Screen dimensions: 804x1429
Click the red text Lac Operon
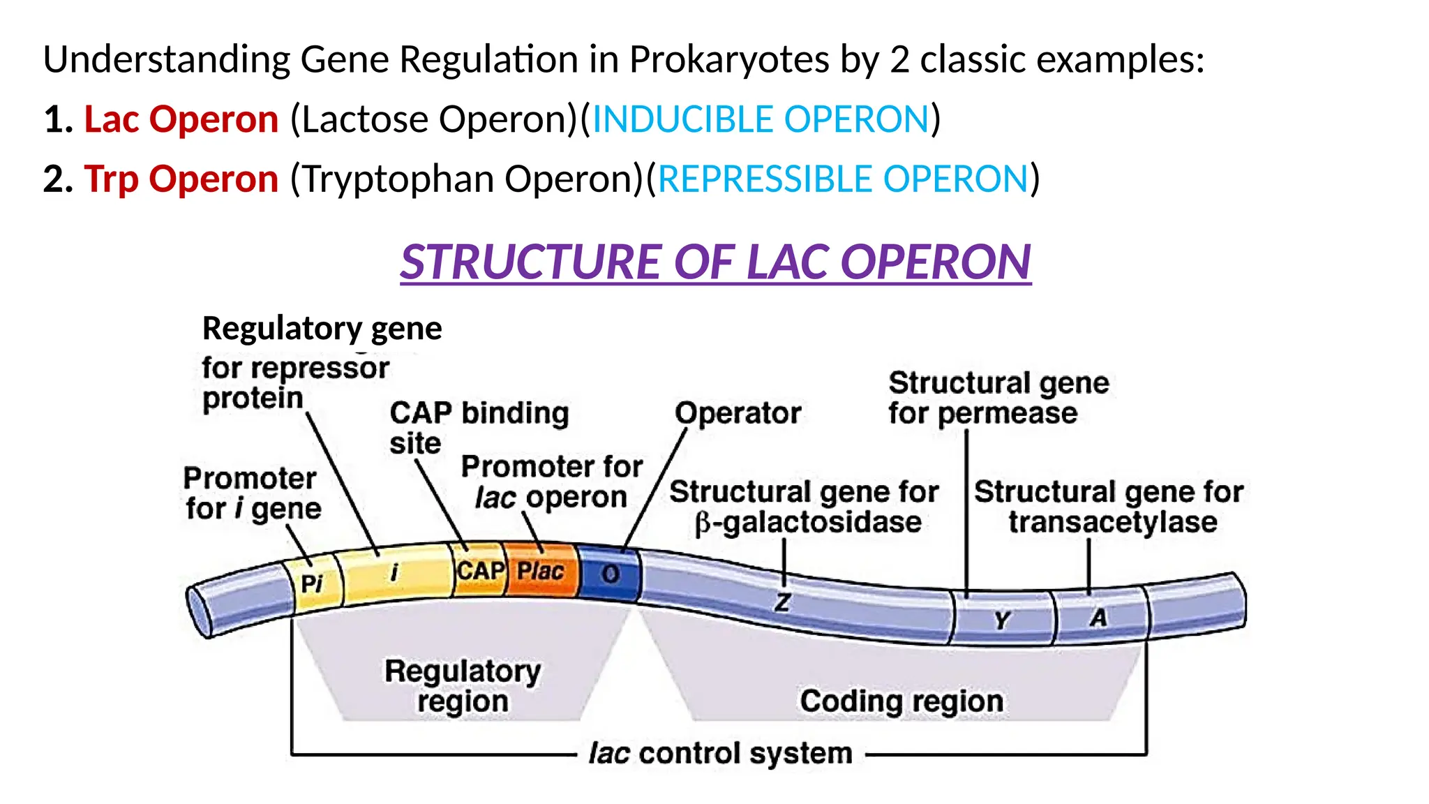click(x=181, y=119)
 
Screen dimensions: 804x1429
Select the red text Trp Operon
click(x=181, y=179)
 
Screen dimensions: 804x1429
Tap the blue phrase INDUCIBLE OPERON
click(x=761, y=119)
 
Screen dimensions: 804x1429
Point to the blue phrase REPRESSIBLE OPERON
click(x=843, y=179)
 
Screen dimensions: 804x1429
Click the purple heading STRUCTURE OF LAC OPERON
click(x=715, y=262)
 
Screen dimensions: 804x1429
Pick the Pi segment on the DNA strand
click(x=312, y=583)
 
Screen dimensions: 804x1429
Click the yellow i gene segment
click(x=394, y=573)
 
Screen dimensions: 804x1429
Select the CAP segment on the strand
click(x=480, y=570)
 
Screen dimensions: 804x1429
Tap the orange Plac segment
click(x=540, y=571)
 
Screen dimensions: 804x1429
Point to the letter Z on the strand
click(x=783, y=602)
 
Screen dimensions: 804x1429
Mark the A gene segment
click(x=1098, y=618)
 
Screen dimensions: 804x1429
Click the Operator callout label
click(x=738, y=413)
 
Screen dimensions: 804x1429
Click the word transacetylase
click(x=1112, y=523)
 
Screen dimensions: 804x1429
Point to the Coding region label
click(x=901, y=701)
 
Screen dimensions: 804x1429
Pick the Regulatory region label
click(x=463, y=686)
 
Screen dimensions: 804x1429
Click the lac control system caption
click(x=720, y=754)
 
